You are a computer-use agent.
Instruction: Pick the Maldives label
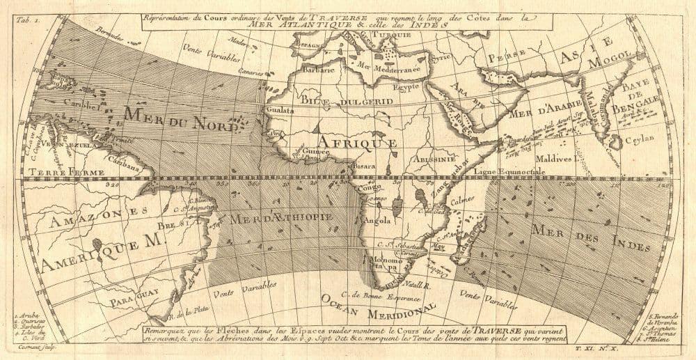[x=554, y=159]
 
